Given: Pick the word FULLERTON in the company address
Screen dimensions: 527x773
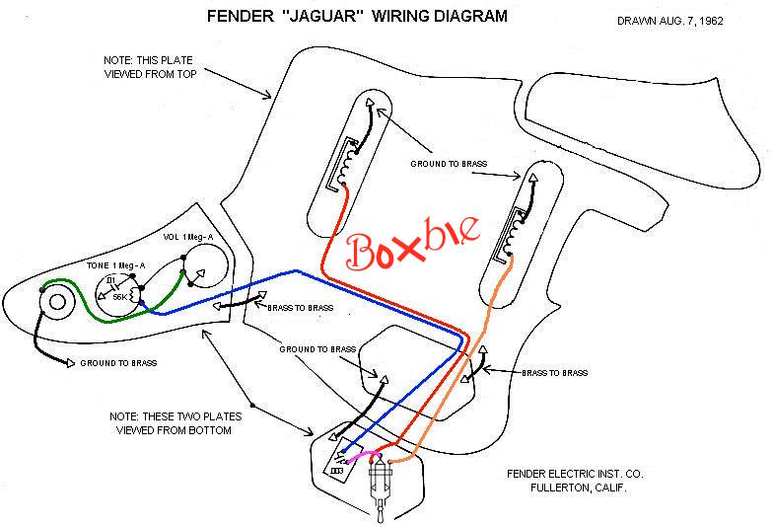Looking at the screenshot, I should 565,489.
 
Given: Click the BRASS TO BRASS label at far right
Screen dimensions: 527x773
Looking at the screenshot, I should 554,373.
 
